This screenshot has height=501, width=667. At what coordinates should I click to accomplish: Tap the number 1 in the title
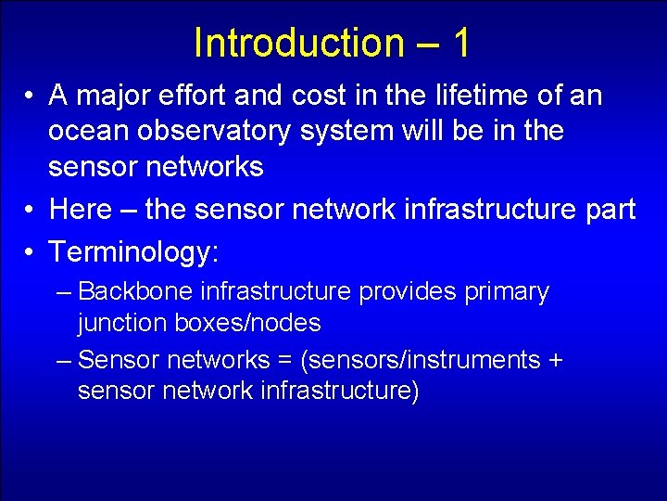(x=460, y=43)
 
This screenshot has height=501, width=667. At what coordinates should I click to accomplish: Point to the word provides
(x=407, y=292)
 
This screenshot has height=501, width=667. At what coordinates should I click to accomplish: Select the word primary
(x=506, y=292)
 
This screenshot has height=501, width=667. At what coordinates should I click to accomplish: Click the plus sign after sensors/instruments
(x=554, y=360)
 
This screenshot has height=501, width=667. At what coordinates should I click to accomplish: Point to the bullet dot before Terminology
(x=31, y=251)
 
